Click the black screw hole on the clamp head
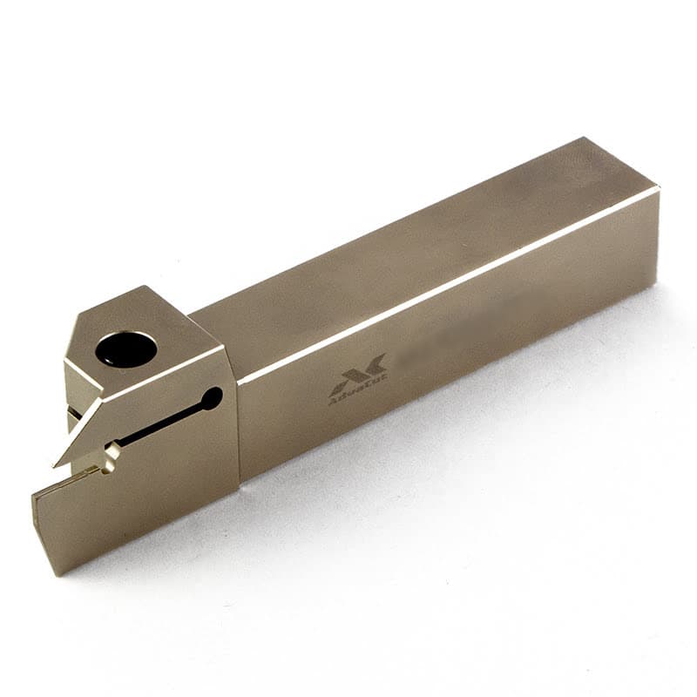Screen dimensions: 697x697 tap(126, 349)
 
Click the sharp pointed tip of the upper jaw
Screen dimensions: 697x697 tap(58, 464)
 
